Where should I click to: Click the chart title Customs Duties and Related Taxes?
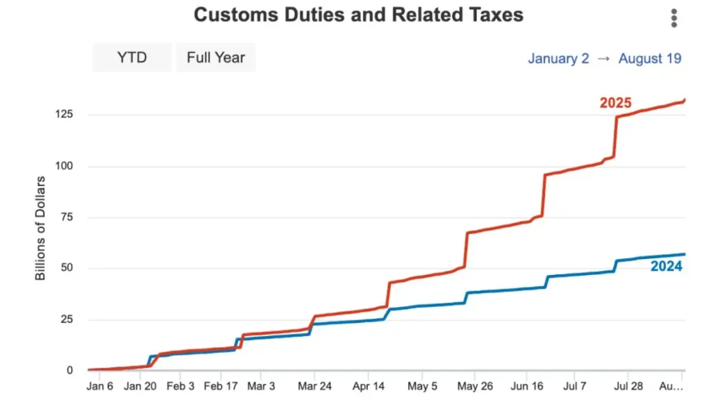coord(358,15)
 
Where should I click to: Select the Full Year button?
coord(215,58)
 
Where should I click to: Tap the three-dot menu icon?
coord(674,19)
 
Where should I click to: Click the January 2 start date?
coord(558,58)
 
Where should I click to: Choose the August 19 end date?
coord(650,58)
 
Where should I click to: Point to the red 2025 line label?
coord(615,103)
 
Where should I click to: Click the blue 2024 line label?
coord(666,267)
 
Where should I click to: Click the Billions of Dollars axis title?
coord(40,228)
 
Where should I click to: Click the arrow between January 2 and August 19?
coord(603,58)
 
